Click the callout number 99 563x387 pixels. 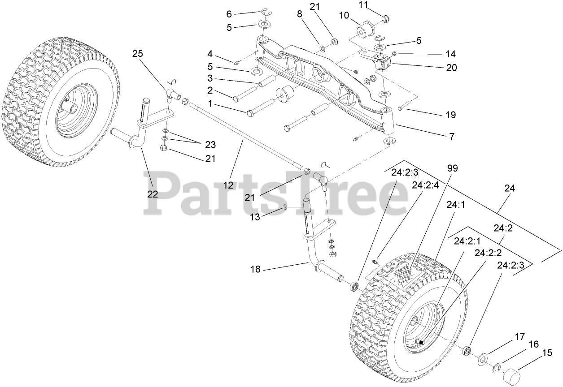click(452, 168)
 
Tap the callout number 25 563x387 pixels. click(137, 54)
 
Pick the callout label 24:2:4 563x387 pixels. click(425, 185)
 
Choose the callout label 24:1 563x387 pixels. click(455, 204)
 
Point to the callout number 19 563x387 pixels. click(450, 115)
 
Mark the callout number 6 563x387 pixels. click(229, 14)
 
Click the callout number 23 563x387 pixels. click(210, 145)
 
